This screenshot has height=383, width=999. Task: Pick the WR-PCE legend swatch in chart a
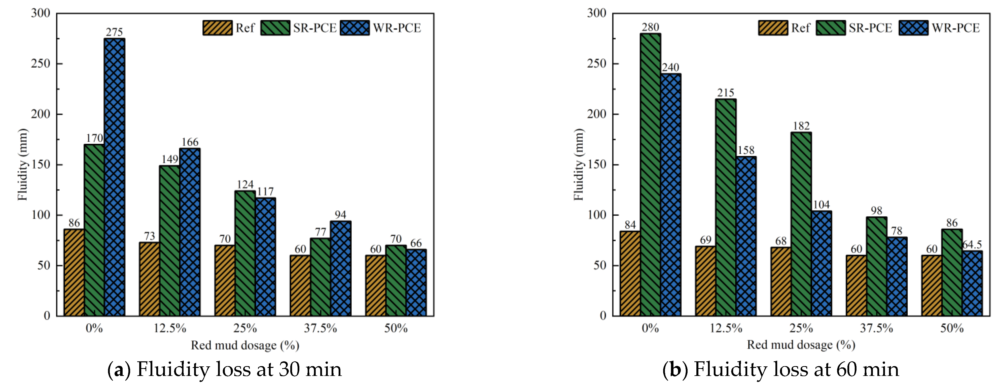tap(355, 28)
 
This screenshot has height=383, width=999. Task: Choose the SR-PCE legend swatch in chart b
tap(830, 28)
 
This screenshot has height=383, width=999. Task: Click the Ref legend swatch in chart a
tap(218, 28)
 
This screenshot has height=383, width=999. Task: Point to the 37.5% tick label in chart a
tap(320, 328)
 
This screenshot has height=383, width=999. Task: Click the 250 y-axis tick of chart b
tap(596, 64)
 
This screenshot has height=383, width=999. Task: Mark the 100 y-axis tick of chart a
tap(41, 215)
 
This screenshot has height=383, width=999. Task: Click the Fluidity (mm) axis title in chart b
tap(578, 165)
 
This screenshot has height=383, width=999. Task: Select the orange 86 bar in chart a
tap(74, 272)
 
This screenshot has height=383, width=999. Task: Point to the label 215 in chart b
tap(726, 93)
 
